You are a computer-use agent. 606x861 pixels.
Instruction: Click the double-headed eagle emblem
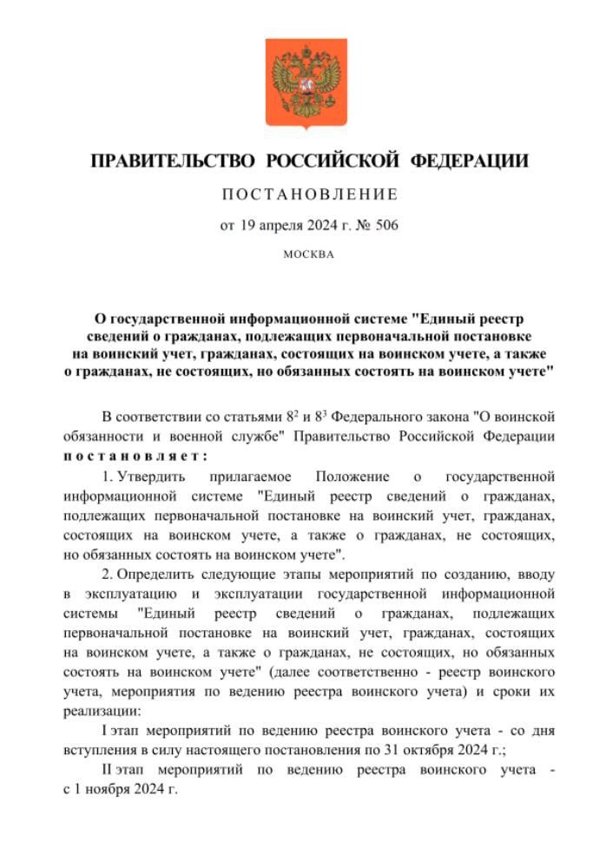tap(306, 83)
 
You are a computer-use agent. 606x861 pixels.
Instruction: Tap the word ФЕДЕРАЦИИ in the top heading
tap(468, 161)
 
